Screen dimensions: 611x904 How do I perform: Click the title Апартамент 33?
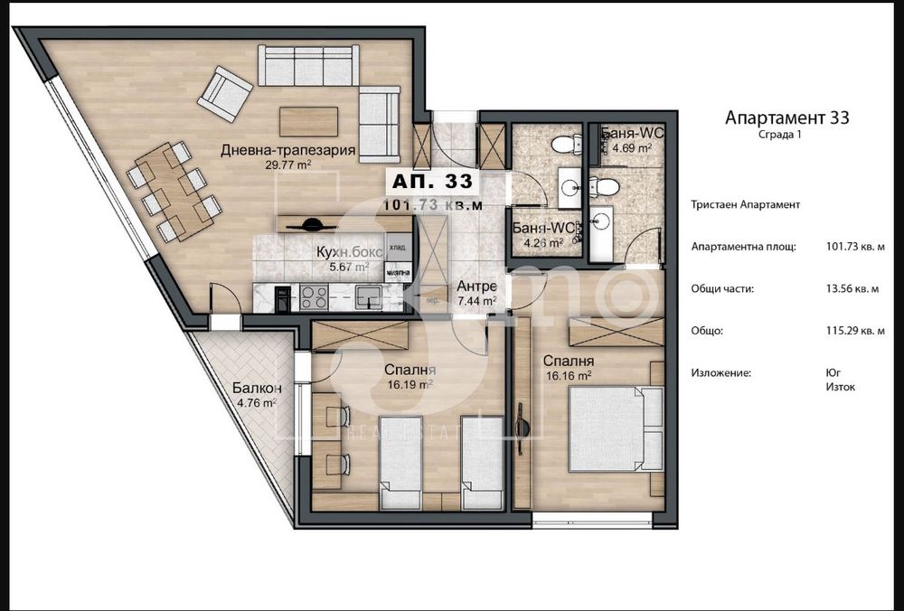[x=787, y=117]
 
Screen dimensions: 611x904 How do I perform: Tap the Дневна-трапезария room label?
[x=287, y=150]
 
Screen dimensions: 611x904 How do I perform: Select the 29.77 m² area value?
[x=287, y=166]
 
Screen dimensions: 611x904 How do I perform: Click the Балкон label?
[x=250, y=389]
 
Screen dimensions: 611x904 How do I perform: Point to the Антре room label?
[x=476, y=287]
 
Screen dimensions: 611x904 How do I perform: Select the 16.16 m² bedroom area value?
[x=567, y=374]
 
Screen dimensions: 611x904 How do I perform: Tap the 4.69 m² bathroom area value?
[x=632, y=148]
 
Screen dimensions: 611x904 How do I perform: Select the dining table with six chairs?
[x=174, y=190]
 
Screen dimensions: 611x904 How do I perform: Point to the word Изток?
[x=841, y=387]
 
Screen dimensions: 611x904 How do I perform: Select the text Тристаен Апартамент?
[x=745, y=204]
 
